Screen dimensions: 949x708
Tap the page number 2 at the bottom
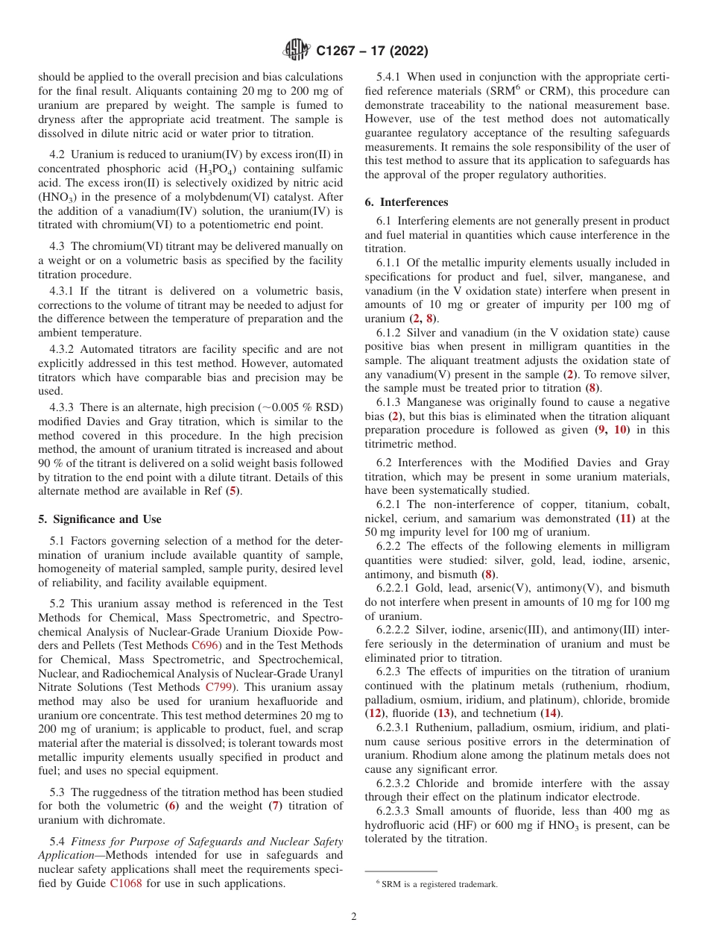click(x=354, y=917)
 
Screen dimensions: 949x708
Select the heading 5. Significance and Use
click(x=99, y=519)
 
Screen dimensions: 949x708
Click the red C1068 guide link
click(x=125, y=884)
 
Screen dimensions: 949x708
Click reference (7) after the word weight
click(x=275, y=806)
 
